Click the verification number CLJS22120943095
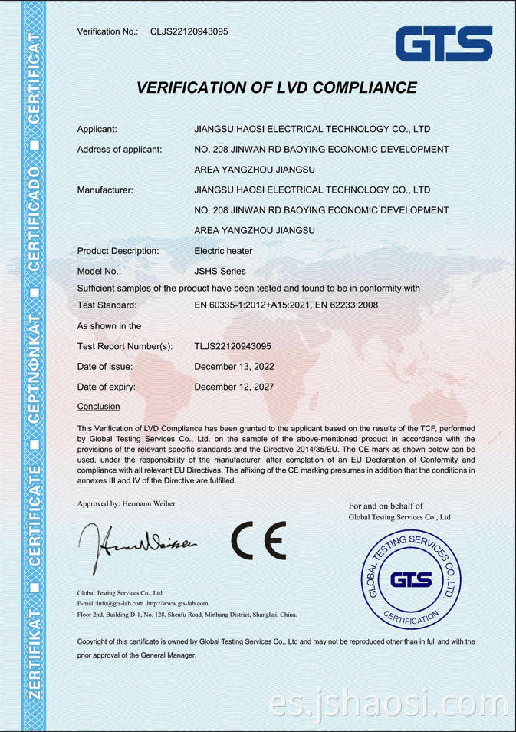[189, 31]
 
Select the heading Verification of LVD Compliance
[276, 87]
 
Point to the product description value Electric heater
[223, 251]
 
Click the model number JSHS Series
[220, 271]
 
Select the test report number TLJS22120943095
[233, 346]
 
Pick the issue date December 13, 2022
[234, 367]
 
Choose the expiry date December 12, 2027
[234, 387]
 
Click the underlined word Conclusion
[99, 406]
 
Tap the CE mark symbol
[258, 542]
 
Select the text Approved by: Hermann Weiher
[127, 503]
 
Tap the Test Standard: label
[107, 305]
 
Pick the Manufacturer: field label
[106, 190]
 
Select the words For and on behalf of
[386, 506]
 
